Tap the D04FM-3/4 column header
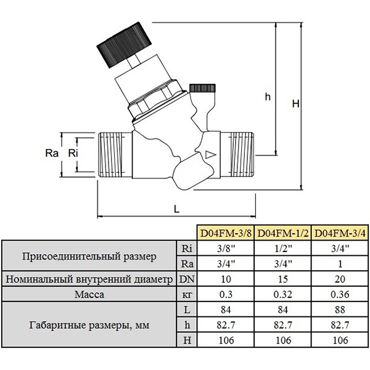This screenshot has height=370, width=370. tap(340, 233)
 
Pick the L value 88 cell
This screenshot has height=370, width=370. tap(340, 309)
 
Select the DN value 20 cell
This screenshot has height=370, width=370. tap(340, 279)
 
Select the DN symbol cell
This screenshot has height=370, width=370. tap(186, 279)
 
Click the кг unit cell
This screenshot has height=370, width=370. tap(186, 294)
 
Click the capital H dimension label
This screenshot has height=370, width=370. tap(295, 105)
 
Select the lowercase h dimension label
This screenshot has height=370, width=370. tap(268, 97)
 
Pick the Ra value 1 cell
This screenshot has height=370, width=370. tap(340, 263)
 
